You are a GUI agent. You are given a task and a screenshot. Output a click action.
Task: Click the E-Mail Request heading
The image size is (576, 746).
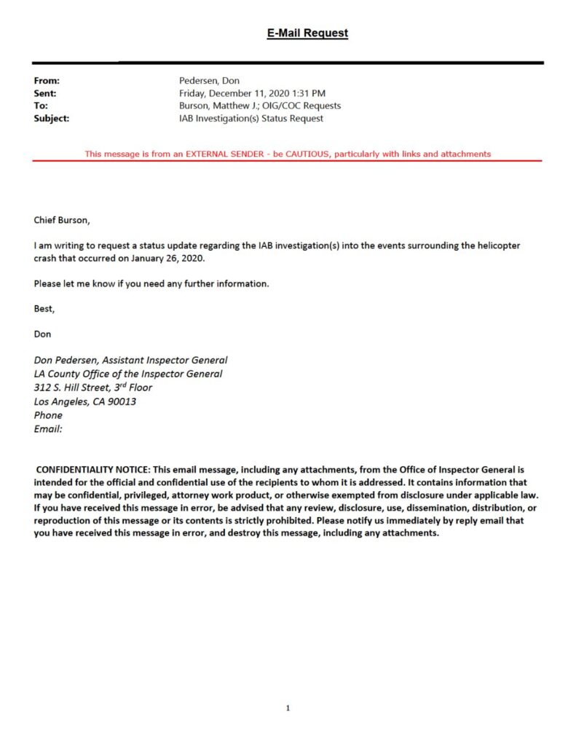pyautogui.click(x=307, y=33)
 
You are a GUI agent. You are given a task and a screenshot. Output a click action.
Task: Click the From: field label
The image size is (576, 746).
pyautogui.click(x=47, y=81)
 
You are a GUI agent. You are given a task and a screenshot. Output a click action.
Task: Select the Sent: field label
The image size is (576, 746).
pyautogui.click(x=45, y=93)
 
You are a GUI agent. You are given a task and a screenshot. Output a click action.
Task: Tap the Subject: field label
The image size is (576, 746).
pyautogui.click(x=51, y=118)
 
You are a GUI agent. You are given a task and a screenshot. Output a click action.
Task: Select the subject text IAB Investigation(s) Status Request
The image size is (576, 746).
pyautogui.click(x=251, y=118)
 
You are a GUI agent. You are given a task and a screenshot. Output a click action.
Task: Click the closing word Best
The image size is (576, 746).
pyautogui.click(x=44, y=308)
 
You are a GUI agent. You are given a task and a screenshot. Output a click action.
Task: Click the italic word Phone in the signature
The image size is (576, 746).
pyautogui.click(x=48, y=415)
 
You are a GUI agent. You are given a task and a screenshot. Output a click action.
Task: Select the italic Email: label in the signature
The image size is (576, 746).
pyautogui.click(x=48, y=429)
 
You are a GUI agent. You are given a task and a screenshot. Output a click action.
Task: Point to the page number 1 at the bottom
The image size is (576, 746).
pyautogui.click(x=288, y=708)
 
